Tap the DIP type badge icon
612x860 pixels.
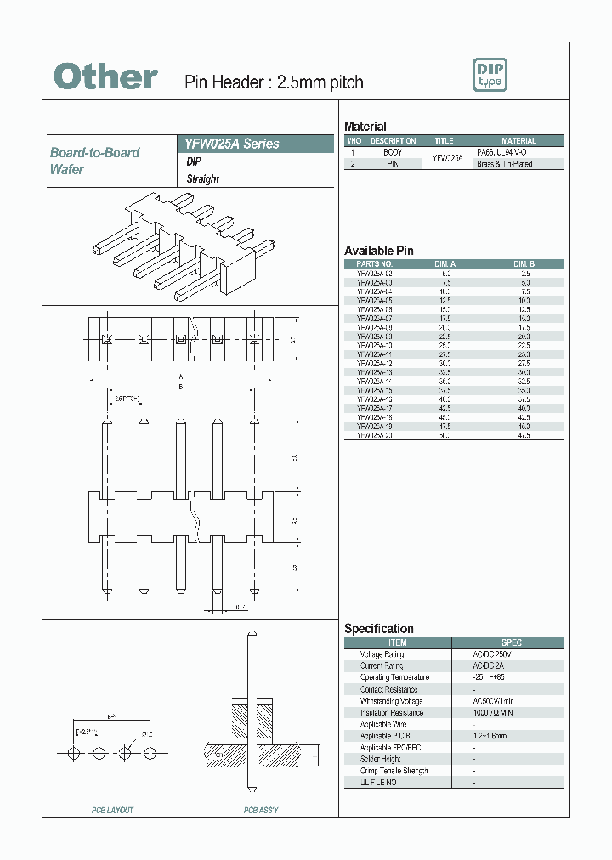[x=490, y=76]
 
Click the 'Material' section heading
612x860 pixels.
[x=365, y=126]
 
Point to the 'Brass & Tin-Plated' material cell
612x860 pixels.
[x=505, y=163]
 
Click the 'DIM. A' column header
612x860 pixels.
[x=445, y=264]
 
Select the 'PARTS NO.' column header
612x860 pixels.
[x=374, y=264]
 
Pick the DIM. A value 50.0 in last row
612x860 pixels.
[x=445, y=434]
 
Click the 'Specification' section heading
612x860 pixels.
[x=378, y=629]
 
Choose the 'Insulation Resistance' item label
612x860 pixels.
[x=391, y=713]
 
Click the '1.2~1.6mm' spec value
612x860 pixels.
[x=490, y=736]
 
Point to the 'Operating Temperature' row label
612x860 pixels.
[x=394, y=677]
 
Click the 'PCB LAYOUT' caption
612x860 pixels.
[x=112, y=811]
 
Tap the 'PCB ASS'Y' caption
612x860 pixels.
[x=261, y=811]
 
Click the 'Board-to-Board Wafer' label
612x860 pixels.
[x=94, y=161]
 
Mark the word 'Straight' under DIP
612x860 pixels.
[x=202, y=178]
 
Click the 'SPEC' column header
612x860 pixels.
[x=511, y=642]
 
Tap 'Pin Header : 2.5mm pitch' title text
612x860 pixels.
[x=274, y=82]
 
